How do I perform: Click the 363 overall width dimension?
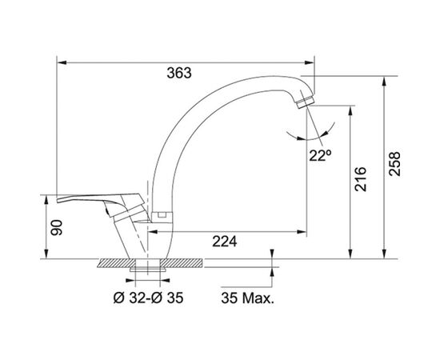point(179,73)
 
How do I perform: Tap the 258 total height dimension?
point(394,164)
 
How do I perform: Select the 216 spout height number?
point(360,179)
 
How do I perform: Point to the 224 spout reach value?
point(225,242)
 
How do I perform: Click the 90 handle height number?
point(56,227)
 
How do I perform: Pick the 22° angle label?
point(320,155)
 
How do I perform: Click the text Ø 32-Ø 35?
point(149,298)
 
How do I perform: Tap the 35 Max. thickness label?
point(247,298)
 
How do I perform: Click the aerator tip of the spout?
point(306,102)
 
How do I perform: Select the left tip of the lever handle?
point(58,201)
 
